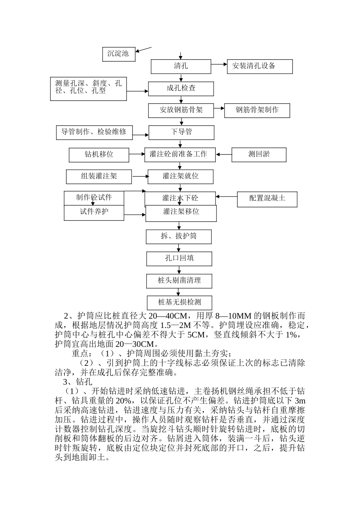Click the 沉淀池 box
pos(119,54)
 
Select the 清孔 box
pos(181,66)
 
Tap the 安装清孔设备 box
pos(260,66)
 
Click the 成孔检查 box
pos(181,89)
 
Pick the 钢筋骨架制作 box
pos(257,110)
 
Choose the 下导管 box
pos(181,132)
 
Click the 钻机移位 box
pos(99,155)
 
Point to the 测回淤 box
pos(259,155)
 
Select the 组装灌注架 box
pos(99,176)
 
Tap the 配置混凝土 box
pos(267,199)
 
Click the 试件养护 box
pos(94,212)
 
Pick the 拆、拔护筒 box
pos(178,236)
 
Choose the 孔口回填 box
pos(179,259)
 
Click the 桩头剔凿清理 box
pos(179,281)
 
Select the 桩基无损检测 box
pos(179,303)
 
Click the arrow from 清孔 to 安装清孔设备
pos(219,65)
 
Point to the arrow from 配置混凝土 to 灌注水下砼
pos(226,197)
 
